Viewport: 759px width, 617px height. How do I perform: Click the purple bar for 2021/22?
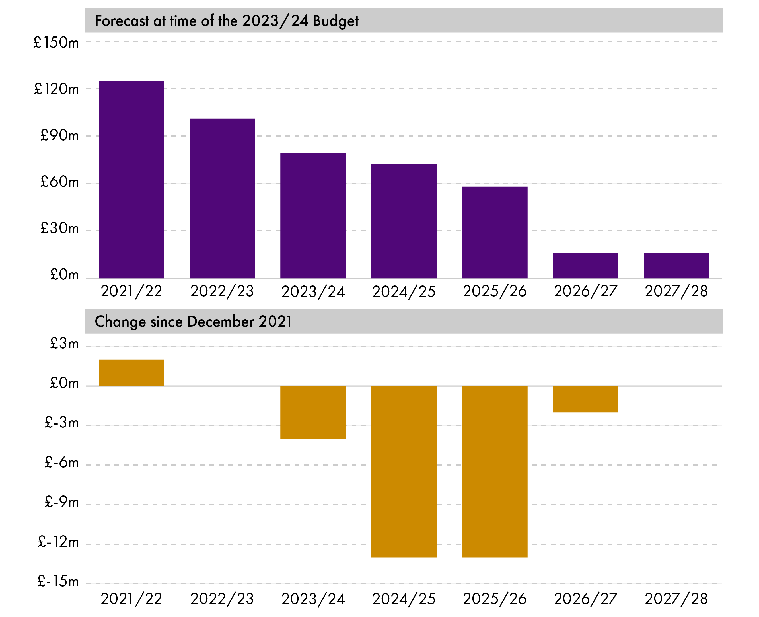point(131,180)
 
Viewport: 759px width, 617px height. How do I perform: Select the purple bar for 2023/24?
point(313,216)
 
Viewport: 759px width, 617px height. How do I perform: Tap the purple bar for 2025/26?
point(494,233)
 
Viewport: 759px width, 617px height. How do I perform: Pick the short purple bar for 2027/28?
point(676,266)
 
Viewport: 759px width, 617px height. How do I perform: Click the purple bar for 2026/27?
point(585,266)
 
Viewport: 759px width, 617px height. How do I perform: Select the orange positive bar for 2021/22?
point(131,373)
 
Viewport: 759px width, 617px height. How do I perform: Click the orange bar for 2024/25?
point(404,471)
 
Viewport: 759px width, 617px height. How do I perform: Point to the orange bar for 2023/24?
point(313,412)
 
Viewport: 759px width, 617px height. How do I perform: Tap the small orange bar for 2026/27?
point(585,399)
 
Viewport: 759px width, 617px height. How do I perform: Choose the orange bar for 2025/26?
point(494,471)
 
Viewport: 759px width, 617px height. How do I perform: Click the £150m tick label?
point(56,43)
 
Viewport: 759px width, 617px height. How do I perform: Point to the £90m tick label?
point(59,135)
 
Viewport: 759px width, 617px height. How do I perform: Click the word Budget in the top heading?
point(336,21)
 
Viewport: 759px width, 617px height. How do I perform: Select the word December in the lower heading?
point(221,322)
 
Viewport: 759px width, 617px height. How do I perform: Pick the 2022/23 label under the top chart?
point(222,291)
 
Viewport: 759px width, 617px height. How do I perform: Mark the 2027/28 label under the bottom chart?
point(676,599)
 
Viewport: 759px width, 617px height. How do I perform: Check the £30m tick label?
point(59,228)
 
